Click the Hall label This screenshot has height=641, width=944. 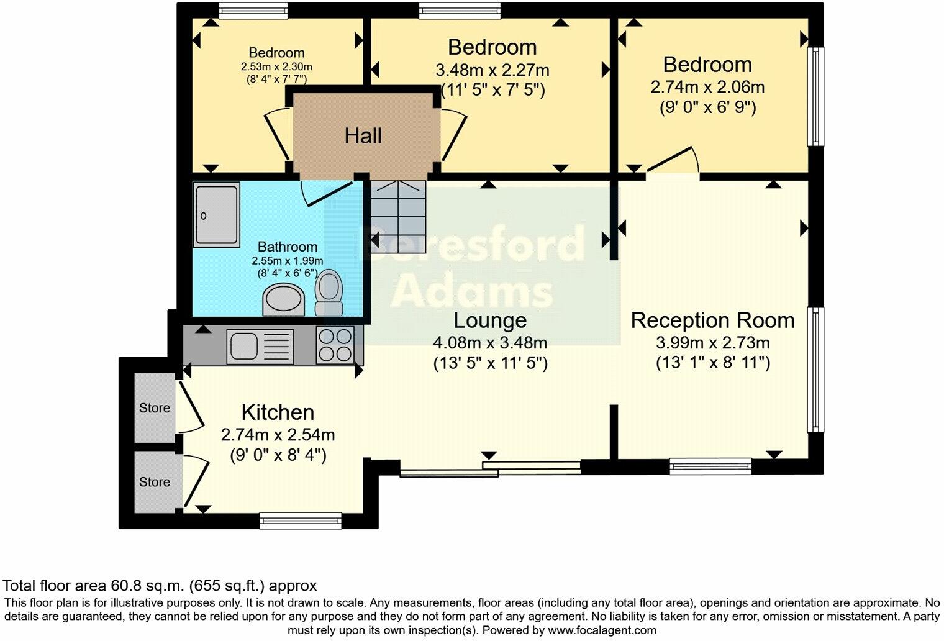363,136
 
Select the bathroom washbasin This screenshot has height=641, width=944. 284,299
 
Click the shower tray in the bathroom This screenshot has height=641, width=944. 216,214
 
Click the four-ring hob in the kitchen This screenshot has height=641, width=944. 335,345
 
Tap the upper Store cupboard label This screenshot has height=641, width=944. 154,408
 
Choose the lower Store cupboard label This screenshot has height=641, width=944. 154,482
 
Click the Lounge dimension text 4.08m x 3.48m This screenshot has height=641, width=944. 490,342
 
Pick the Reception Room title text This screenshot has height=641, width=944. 712,320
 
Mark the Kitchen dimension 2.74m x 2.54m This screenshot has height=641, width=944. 278,435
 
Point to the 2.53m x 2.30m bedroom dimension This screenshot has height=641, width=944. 276,66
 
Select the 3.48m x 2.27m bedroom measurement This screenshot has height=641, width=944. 492,70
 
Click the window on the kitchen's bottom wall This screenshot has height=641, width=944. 301,521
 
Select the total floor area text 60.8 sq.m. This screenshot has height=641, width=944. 160,586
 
